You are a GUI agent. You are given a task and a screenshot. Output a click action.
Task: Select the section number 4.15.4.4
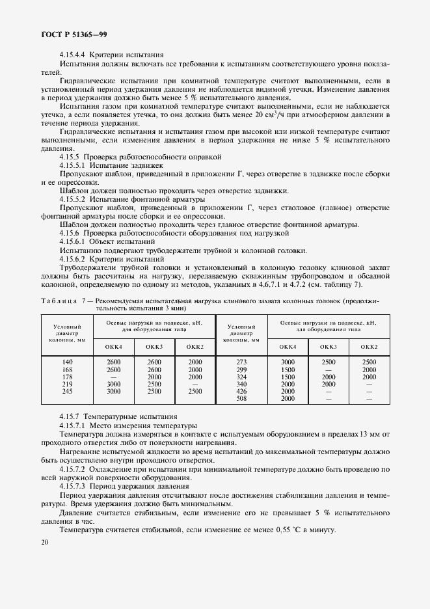click(x=72, y=56)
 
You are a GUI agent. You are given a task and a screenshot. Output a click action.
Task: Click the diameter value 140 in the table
click(x=67, y=362)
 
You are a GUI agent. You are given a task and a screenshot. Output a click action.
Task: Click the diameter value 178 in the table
click(x=67, y=377)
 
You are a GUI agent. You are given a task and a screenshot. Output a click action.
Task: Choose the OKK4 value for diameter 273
click(x=288, y=362)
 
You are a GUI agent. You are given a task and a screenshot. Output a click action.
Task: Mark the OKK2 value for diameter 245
click(x=195, y=391)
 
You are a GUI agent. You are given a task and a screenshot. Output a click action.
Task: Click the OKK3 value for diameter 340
click(x=329, y=384)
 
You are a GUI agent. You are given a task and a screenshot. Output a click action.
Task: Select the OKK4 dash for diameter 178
click(x=114, y=377)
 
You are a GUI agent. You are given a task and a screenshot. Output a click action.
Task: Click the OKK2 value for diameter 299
click(x=369, y=369)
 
